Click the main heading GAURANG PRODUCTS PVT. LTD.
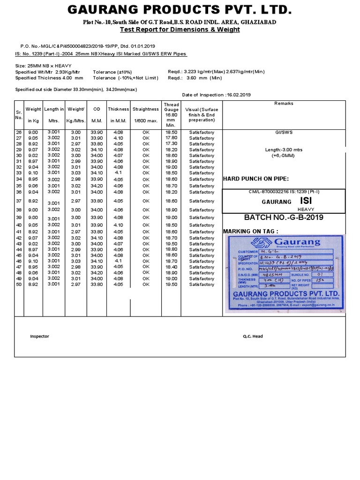pos(180,10)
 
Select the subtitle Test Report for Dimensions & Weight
pos(180,30)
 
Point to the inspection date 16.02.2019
pos(239,95)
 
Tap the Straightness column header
pos(146,109)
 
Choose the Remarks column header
pos(284,103)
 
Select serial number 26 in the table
pos(19,133)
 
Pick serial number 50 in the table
pos(19,285)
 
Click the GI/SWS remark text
pos(284,133)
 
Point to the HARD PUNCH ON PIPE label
pos(256,179)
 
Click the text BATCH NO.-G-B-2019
pos(284,218)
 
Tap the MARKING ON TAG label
pos(251,232)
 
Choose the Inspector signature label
pos(39,336)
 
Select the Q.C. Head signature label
pos(252,336)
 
